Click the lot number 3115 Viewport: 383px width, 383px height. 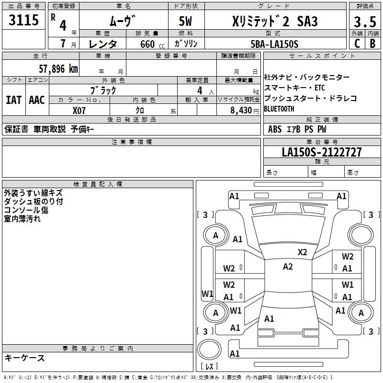(23, 21)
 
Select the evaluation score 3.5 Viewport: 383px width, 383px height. (365, 22)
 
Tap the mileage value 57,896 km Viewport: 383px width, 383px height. (58, 68)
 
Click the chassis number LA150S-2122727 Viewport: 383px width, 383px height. (322, 152)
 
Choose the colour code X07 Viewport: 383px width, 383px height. (79, 110)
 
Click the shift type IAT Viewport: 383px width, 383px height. (13, 100)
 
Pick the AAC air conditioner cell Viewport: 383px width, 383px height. (37, 100)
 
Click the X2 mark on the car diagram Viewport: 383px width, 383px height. (302, 252)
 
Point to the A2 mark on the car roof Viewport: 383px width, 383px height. (288, 267)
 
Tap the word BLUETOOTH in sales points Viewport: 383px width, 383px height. (279, 109)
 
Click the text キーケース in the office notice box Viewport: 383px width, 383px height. (24, 358)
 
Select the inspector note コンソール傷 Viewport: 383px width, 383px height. (26, 210)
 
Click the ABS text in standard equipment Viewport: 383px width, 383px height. (275, 129)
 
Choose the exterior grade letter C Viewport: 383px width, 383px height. (357, 44)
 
